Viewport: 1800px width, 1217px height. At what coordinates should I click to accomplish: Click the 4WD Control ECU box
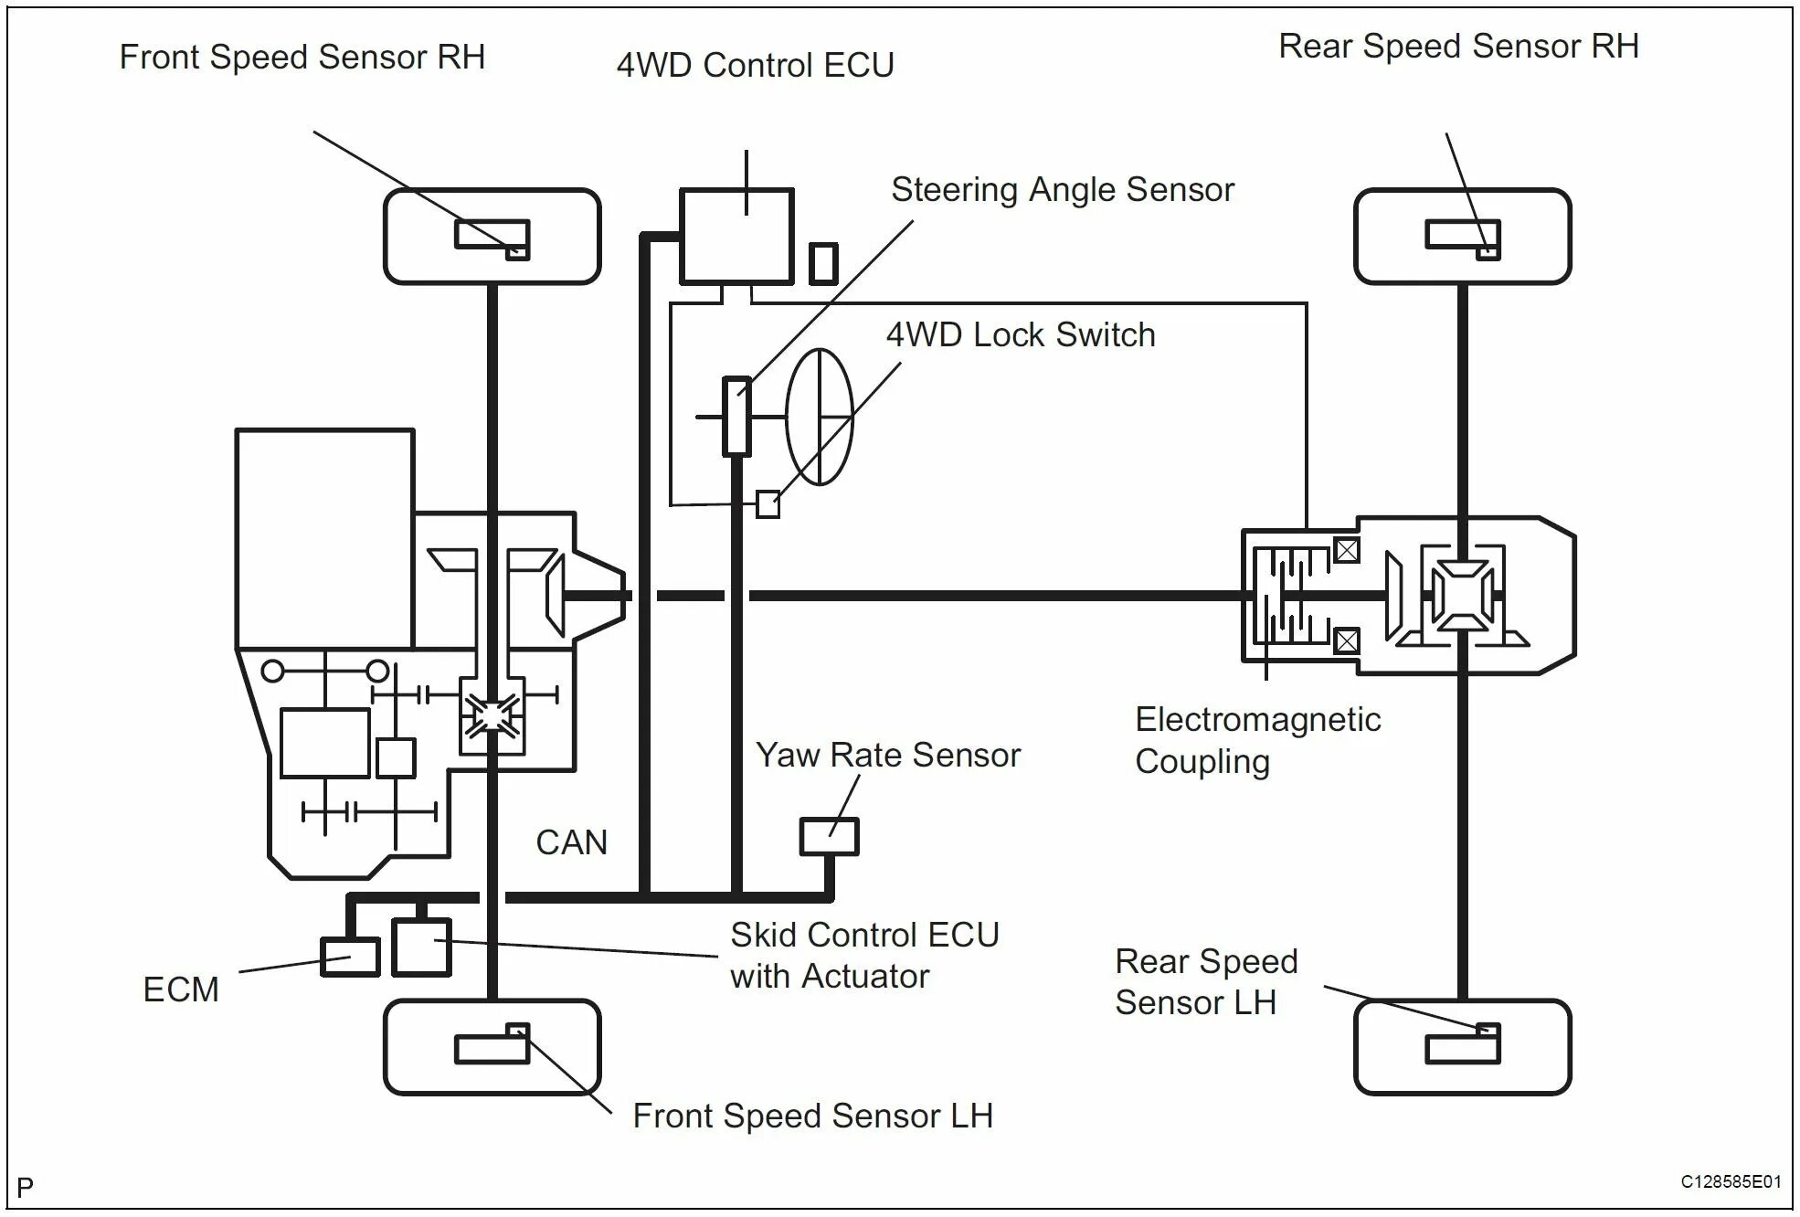point(736,236)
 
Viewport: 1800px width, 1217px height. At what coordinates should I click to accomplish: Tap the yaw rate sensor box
point(829,836)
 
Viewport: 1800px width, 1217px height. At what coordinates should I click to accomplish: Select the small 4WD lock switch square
point(768,504)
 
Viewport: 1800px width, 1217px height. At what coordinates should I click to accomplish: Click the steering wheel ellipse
point(820,417)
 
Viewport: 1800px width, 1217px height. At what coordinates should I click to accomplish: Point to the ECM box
point(350,957)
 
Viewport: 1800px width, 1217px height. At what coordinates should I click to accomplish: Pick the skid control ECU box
point(421,947)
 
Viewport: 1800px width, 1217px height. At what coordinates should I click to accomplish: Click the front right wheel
point(492,236)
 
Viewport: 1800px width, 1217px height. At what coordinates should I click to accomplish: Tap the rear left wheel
point(1462,1046)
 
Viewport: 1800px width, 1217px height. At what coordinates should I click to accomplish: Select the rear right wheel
point(1462,236)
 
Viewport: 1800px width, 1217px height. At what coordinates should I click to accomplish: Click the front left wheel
point(492,1046)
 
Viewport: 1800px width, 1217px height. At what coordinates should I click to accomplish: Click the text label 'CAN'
point(571,841)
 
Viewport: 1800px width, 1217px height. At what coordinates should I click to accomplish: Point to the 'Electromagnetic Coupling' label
point(1257,740)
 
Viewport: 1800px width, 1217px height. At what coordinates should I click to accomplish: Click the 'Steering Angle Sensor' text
point(1063,189)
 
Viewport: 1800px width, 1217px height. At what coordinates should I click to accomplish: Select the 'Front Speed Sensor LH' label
point(812,1116)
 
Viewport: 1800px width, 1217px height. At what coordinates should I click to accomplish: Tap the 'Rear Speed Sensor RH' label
point(1458,46)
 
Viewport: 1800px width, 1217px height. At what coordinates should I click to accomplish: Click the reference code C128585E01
point(1731,1181)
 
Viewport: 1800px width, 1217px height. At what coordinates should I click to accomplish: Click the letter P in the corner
point(25,1187)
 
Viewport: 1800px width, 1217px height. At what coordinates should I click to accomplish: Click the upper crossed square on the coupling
point(1347,550)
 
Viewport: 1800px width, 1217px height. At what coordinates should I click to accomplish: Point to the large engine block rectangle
point(324,539)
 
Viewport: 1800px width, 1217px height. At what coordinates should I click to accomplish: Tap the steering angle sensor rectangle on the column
point(736,416)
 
